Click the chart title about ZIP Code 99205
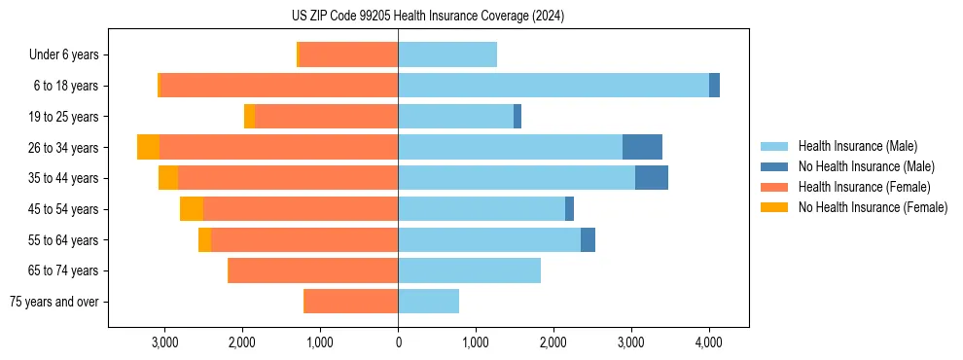[428, 17]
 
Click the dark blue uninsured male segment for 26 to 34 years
[642, 147]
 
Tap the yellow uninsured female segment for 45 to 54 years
[192, 208]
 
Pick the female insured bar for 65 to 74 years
[312, 270]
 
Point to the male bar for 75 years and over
[428, 302]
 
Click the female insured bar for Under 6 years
[348, 54]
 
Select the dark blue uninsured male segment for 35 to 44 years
[652, 178]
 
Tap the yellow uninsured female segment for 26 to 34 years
[149, 147]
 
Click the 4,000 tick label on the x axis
[708, 342]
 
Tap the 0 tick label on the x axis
[398, 342]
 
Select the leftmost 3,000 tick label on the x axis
[164, 342]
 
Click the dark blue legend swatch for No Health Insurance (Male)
[774, 166]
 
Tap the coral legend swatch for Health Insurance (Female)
[774, 187]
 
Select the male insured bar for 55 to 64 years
[489, 239]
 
